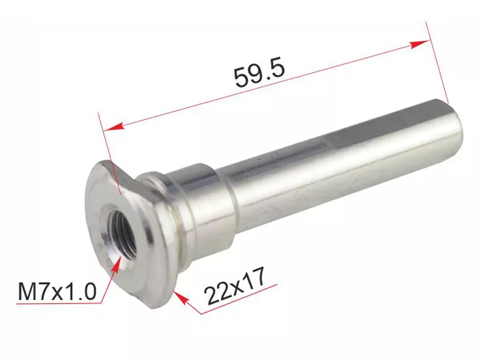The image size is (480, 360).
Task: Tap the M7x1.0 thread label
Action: (x=57, y=292)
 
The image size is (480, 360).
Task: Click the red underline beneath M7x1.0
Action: (x=57, y=305)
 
